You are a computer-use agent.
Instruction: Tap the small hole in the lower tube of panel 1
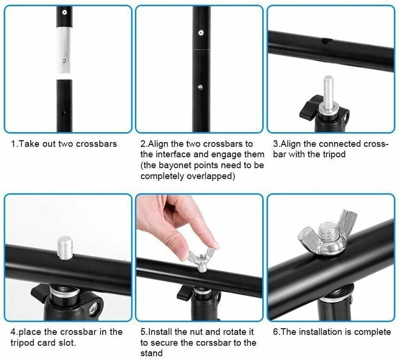63,113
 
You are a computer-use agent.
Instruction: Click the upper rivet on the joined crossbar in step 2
200,33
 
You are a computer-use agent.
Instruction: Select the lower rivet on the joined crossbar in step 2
200,87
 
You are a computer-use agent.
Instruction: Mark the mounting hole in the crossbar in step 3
327,41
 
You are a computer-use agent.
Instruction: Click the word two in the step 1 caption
66,144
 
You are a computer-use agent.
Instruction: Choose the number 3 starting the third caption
275,144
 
